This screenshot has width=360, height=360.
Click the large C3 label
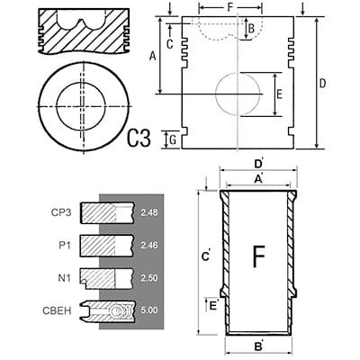click(139, 138)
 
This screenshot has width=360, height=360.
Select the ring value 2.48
click(149, 212)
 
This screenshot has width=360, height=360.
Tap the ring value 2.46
click(149, 246)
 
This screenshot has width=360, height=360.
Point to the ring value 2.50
click(149, 278)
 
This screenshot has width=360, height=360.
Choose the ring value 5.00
click(149, 310)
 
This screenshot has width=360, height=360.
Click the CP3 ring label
click(61, 212)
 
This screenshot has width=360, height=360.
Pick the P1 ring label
click(64, 246)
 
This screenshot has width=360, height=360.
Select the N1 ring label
click(64, 278)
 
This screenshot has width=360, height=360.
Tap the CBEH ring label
click(57, 310)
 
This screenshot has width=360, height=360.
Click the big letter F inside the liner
click(258, 256)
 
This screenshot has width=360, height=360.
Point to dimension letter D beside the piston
click(322, 84)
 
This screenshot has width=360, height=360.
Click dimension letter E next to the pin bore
click(279, 94)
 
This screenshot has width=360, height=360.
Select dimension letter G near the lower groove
click(173, 140)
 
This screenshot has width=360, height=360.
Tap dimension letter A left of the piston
click(153, 56)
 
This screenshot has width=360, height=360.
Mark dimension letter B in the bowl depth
click(251, 29)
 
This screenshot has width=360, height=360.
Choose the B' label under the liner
click(258, 347)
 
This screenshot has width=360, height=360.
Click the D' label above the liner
click(258, 164)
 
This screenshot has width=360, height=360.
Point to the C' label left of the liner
click(206, 256)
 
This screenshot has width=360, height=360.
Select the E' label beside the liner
click(214, 305)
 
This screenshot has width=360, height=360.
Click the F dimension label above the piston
click(230, 7)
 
